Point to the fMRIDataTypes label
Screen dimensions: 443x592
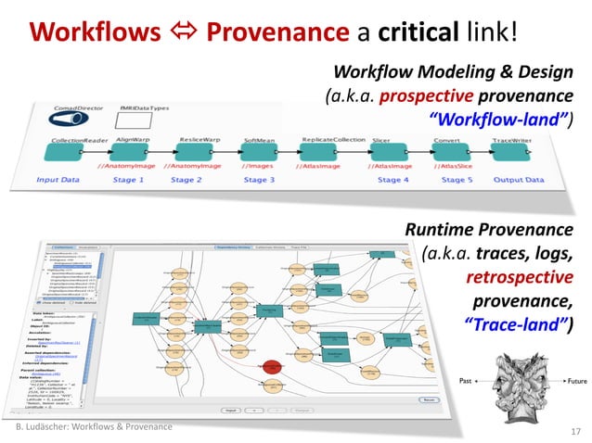pos(148,107)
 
